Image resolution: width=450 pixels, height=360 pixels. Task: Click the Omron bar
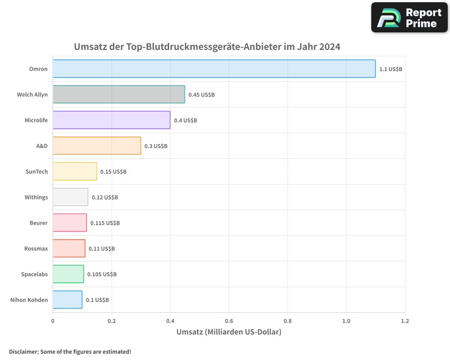click(x=214, y=69)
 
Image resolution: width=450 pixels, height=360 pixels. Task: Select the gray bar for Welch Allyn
click(x=119, y=94)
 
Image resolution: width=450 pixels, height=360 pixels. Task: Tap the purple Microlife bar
click(x=111, y=120)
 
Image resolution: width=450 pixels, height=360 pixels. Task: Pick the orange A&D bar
click(x=97, y=146)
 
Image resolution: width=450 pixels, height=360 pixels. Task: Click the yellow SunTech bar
click(x=75, y=171)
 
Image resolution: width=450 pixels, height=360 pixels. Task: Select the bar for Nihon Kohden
click(x=67, y=300)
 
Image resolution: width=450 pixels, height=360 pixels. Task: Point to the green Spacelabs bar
click(x=68, y=274)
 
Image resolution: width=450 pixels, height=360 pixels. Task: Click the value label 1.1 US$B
click(x=391, y=69)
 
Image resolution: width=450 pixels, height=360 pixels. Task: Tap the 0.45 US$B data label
click(x=201, y=95)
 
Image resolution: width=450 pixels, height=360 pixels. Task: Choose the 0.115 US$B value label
click(x=105, y=223)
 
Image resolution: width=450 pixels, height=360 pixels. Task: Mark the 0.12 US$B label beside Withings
click(x=104, y=198)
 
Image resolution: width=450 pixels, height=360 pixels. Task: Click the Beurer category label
click(x=38, y=223)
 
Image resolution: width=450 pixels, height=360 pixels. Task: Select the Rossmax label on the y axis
click(x=36, y=249)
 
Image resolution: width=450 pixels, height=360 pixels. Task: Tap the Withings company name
click(x=36, y=198)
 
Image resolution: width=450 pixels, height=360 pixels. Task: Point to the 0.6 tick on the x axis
click(x=229, y=321)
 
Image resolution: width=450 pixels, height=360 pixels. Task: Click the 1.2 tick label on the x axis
click(x=405, y=321)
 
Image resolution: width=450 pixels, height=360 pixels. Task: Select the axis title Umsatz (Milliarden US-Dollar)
click(x=229, y=332)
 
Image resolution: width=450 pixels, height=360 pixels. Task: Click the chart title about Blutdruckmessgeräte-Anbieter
click(x=207, y=47)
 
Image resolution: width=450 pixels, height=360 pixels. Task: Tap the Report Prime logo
click(x=409, y=18)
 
